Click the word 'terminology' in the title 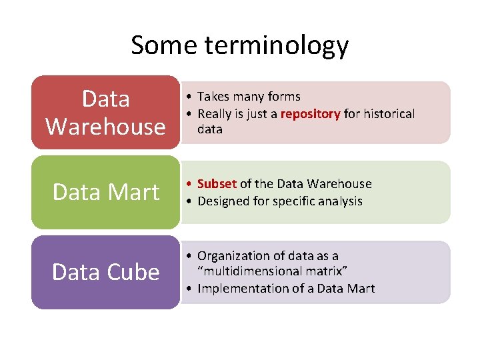pos(277,45)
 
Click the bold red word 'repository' pos(311,114)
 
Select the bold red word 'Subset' pos(217,184)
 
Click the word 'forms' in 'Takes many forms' pos(285,97)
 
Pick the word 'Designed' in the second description pos(223,201)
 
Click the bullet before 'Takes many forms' pos(190,97)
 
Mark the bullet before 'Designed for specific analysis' pos(190,201)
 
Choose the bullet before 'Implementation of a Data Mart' pos(190,289)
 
